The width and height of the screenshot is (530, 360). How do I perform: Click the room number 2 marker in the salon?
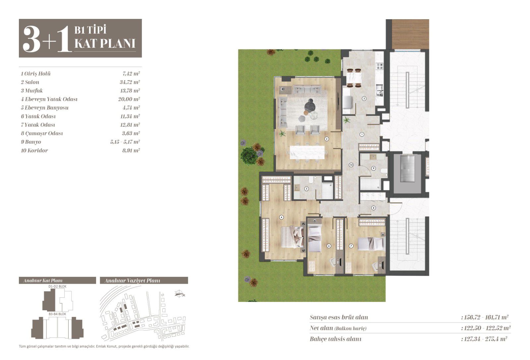[x=327, y=139]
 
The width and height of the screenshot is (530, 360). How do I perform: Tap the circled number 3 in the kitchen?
[x=364, y=98]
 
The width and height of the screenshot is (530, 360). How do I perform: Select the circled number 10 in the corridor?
[x=351, y=165]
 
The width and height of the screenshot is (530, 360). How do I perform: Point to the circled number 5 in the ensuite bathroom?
[x=306, y=189]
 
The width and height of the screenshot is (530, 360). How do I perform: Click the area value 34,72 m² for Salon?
[x=130, y=82]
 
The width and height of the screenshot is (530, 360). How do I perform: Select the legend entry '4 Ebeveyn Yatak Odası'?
[x=49, y=99]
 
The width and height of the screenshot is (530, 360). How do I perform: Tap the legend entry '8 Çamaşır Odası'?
[x=42, y=133]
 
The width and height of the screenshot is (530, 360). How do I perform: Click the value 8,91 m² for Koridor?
[x=131, y=150]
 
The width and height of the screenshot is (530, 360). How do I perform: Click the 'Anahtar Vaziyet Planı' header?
[x=132, y=281]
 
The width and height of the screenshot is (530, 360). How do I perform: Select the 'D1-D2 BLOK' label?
[x=58, y=286]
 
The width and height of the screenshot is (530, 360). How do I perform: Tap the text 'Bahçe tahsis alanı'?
[x=336, y=339]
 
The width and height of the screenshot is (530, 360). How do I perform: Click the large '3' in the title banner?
[x=31, y=39]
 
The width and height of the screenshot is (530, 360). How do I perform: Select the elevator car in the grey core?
[x=407, y=168]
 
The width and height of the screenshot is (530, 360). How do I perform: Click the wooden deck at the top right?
[x=410, y=34]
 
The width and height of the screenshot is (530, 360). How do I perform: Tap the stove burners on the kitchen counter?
[x=380, y=66]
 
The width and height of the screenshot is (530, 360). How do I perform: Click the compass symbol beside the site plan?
[x=180, y=294]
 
